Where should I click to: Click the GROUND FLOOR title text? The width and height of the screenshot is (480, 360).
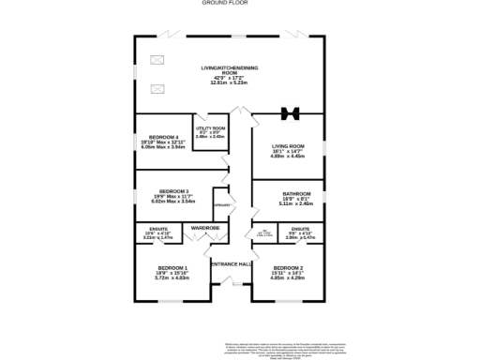click(x=218, y=3)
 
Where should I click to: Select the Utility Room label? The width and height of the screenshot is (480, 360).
click(x=210, y=128)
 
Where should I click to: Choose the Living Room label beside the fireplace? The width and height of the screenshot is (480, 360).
click(x=289, y=146)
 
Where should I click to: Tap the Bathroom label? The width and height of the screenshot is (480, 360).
click(x=289, y=194)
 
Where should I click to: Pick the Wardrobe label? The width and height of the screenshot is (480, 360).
click(x=205, y=228)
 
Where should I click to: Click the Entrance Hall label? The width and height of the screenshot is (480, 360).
click(x=230, y=264)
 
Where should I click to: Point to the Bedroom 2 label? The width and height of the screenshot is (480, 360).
click(x=288, y=269)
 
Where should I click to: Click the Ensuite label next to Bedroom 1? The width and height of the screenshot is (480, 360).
click(x=158, y=229)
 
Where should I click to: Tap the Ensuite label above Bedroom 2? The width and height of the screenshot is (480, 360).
click(x=300, y=229)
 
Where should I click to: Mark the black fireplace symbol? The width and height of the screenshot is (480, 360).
click(x=290, y=114)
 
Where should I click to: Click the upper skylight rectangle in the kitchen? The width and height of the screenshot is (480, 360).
click(x=156, y=61)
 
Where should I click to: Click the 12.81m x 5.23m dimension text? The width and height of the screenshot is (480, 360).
click(x=230, y=82)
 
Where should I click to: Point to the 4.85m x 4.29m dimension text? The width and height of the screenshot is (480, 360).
click(x=288, y=278)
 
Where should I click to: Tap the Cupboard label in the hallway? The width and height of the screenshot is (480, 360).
click(x=221, y=204)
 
